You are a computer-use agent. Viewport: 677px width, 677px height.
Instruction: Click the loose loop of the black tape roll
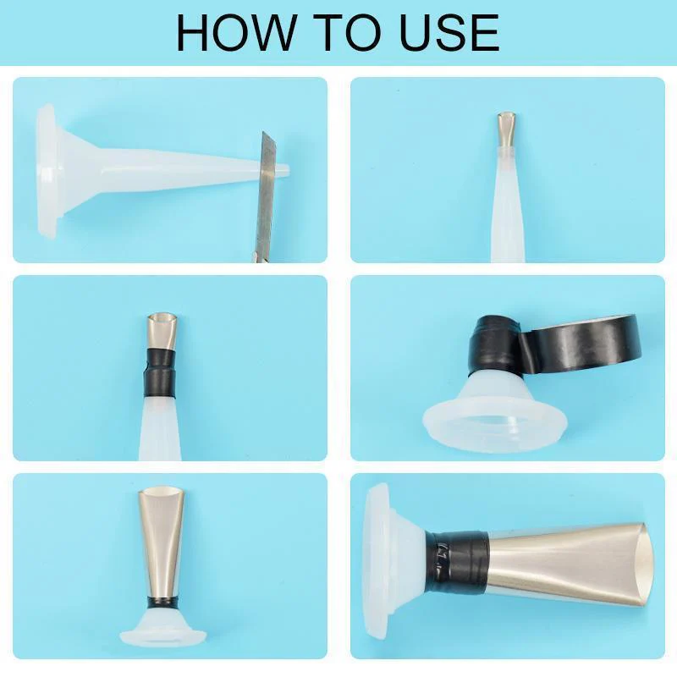[x=584, y=343]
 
